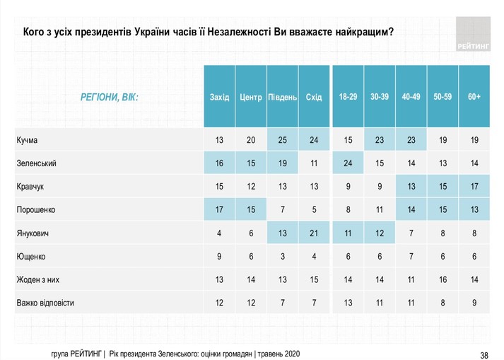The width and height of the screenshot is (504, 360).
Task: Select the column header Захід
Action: [219, 96]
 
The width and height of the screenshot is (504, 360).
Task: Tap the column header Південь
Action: [282, 96]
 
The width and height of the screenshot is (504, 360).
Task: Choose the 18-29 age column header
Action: [348, 96]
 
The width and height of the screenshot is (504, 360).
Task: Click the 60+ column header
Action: [474, 96]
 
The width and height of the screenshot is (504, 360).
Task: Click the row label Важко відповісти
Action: [45, 303]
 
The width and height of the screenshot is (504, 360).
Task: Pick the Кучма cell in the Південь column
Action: [282, 140]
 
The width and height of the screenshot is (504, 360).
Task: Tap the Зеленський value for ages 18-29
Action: [348, 163]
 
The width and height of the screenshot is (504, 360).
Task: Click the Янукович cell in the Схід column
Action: [314, 233]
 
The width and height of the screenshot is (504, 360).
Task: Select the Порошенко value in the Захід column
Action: [219, 210]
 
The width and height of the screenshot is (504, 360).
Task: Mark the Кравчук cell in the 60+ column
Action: [474, 187]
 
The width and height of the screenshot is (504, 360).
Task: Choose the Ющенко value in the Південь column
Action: [282, 256]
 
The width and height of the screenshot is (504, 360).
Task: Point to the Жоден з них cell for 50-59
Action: [443, 279]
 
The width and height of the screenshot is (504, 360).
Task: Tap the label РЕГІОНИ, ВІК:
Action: [110, 96]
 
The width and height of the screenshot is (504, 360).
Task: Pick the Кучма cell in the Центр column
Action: [251, 140]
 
